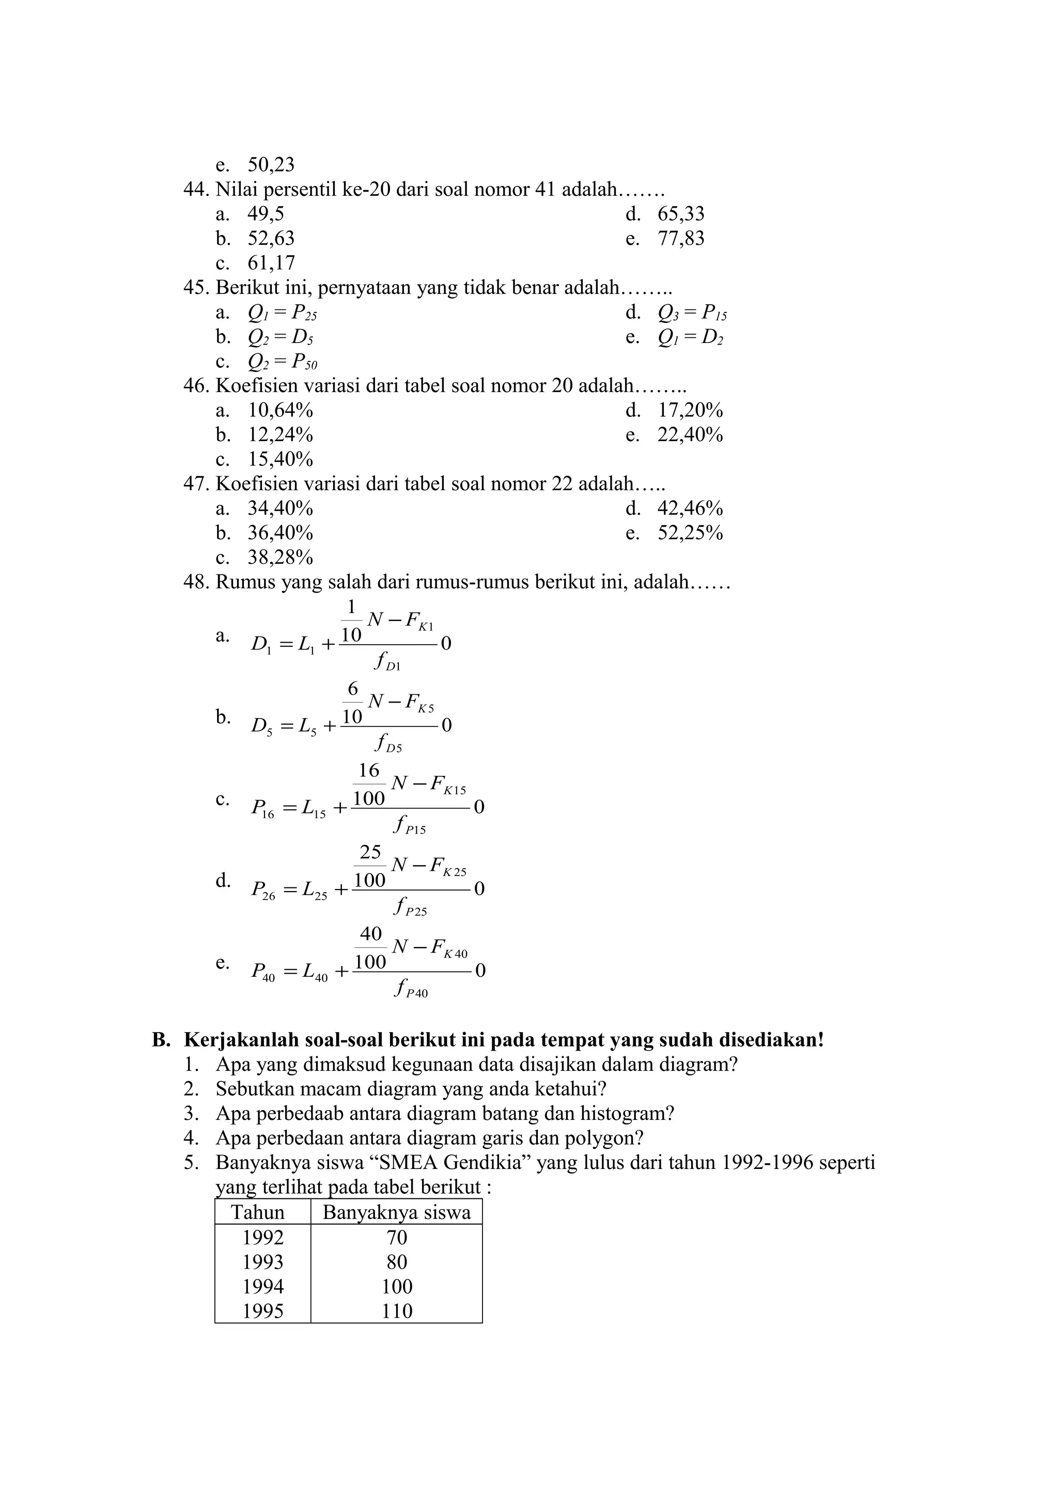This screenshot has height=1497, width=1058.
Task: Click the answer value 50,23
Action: click(x=271, y=164)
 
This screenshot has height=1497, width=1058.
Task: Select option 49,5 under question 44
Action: click(x=266, y=214)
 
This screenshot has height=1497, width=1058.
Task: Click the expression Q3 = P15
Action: click(x=692, y=314)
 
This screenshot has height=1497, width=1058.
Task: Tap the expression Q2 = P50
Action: click(x=282, y=363)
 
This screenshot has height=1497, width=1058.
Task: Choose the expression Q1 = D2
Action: click(x=690, y=338)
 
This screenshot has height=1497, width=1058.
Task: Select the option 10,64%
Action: click(x=281, y=411)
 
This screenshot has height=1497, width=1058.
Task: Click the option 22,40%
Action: click(x=690, y=435)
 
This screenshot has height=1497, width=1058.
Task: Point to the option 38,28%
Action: click(x=281, y=558)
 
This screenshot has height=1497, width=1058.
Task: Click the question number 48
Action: click(x=195, y=582)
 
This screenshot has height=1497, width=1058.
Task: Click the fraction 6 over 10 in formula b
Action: click(x=352, y=704)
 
